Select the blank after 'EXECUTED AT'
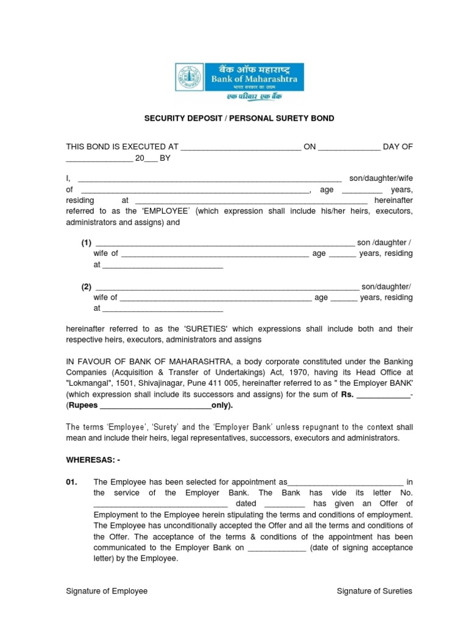point(241,147)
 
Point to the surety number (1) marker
point(87,243)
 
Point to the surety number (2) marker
point(87,286)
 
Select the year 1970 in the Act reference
point(321,372)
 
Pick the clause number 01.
point(73,481)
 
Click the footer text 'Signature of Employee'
point(107,591)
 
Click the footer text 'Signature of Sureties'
point(375,591)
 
